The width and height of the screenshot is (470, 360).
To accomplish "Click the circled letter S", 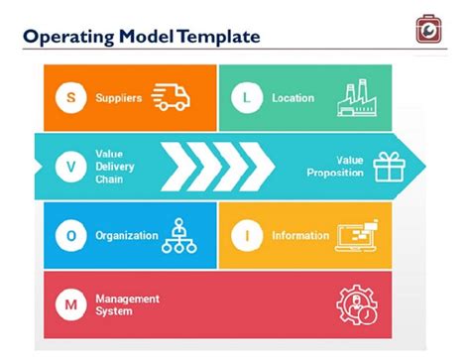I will (69, 98).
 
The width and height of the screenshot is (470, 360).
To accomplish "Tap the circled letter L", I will (244, 98).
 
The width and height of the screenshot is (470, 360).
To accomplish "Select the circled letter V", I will (69, 167).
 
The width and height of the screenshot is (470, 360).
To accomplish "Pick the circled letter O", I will (69, 236).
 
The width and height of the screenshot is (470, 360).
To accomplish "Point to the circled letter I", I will (244, 236).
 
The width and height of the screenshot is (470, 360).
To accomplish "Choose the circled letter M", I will (69, 304).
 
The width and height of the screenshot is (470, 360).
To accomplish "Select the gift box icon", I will (388, 166).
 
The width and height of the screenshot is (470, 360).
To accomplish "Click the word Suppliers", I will (119, 98).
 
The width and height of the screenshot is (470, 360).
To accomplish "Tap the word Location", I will (293, 98).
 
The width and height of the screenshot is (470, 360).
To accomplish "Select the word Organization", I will (127, 236).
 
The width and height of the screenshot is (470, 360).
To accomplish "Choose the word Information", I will (300, 236).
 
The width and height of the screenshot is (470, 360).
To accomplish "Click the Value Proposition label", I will (334, 167).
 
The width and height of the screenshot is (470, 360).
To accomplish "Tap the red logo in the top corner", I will (430, 29).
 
